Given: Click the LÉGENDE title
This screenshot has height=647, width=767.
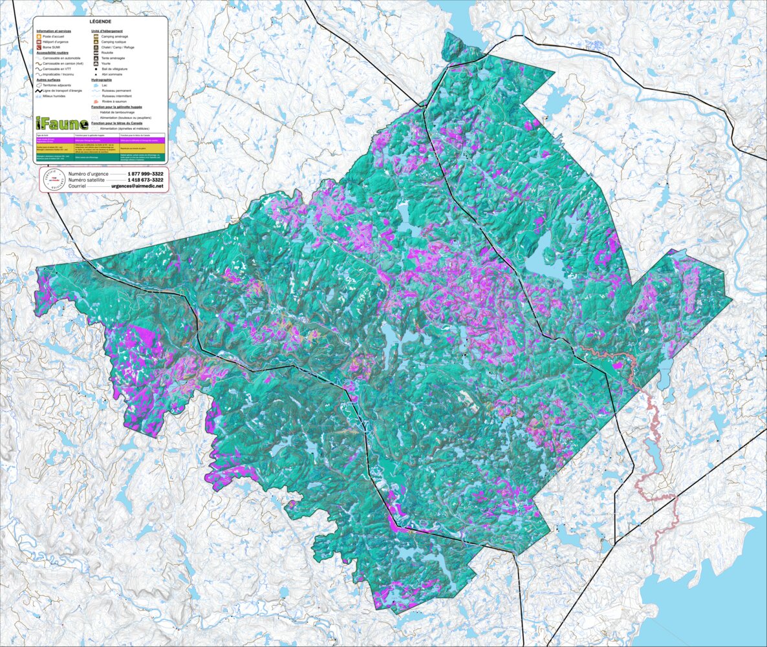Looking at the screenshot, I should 100,21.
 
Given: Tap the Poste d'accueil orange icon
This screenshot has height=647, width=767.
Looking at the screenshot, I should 39,37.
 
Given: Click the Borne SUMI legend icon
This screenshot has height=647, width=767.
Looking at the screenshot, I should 39,47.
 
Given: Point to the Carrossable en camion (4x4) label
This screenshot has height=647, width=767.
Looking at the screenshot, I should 63,63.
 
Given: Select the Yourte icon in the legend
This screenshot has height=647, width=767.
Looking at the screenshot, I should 96,63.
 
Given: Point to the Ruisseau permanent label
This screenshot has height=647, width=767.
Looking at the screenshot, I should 116,90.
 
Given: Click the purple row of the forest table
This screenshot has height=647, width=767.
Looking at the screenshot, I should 100,139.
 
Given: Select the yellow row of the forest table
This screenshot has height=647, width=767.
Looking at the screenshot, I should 100,148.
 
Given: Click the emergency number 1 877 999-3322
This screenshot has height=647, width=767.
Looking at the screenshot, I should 145,175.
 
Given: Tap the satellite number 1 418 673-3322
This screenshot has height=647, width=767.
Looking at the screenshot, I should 145,180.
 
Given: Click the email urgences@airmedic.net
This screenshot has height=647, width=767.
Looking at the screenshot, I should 137,186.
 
